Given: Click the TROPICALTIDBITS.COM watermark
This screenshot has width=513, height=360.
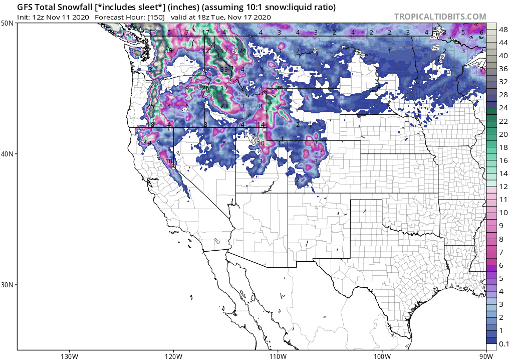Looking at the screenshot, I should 440,17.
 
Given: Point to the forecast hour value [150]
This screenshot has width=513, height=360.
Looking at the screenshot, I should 153,17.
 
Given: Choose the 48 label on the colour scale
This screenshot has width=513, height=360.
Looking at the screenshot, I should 503,30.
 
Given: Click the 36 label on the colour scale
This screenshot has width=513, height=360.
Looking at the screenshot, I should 503,69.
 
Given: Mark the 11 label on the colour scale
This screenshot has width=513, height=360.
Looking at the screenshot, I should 503,200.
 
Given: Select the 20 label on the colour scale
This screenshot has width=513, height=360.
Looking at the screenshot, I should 503,134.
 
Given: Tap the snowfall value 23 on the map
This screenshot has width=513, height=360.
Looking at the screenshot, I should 224,106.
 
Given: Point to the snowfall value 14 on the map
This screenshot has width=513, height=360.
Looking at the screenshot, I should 261,125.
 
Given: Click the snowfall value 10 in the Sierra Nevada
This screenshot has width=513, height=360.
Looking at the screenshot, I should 169,161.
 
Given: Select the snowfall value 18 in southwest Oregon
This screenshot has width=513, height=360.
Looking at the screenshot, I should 151,124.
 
